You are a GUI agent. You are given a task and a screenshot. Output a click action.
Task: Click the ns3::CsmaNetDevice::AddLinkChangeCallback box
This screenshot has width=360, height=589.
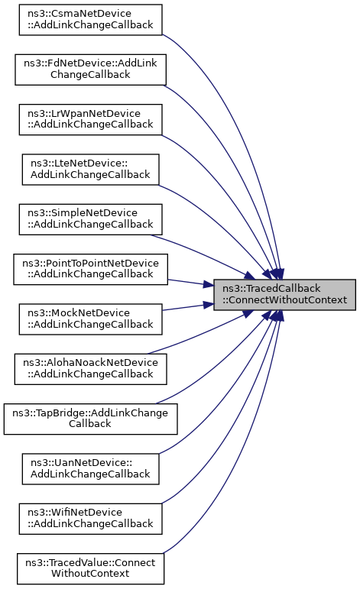[x=90, y=20]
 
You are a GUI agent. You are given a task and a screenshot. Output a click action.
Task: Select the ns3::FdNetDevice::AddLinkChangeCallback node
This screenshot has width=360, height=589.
[x=90, y=70]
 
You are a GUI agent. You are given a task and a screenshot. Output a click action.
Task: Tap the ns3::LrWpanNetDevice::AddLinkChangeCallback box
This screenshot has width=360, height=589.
[x=90, y=119]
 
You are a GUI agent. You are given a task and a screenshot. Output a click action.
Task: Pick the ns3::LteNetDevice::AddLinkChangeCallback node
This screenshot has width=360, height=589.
[x=90, y=170]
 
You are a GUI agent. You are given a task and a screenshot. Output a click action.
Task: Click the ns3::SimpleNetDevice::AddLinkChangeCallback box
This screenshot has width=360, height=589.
[x=90, y=219]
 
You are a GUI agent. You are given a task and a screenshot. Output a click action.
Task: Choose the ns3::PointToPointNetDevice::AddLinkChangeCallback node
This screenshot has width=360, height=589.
[x=90, y=270]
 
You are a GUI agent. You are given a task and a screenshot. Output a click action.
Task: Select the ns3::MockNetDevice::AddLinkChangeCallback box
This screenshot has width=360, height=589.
[x=90, y=319]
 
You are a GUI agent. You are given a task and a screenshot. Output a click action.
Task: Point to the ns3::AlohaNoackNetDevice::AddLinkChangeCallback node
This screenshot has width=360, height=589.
[x=90, y=369]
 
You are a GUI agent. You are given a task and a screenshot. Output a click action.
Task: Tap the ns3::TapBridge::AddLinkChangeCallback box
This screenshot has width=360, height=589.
[x=90, y=419]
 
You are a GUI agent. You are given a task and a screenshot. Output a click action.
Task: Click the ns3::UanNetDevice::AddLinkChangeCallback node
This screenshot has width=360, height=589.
[x=90, y=469]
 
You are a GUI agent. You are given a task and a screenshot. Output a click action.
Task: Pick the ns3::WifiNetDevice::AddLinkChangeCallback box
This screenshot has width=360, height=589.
[x=90, y=519]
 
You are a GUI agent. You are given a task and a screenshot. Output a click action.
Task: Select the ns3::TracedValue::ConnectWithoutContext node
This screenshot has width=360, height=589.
[x=90, y=568]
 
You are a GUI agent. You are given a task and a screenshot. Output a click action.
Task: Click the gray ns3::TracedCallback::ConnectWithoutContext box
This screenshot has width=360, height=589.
[x=284, y=295]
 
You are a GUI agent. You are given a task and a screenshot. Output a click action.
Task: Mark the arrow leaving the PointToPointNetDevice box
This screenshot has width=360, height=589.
[x=190, y=283]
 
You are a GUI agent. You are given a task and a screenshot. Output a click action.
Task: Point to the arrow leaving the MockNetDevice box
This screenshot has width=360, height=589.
[x=188, y=307]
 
